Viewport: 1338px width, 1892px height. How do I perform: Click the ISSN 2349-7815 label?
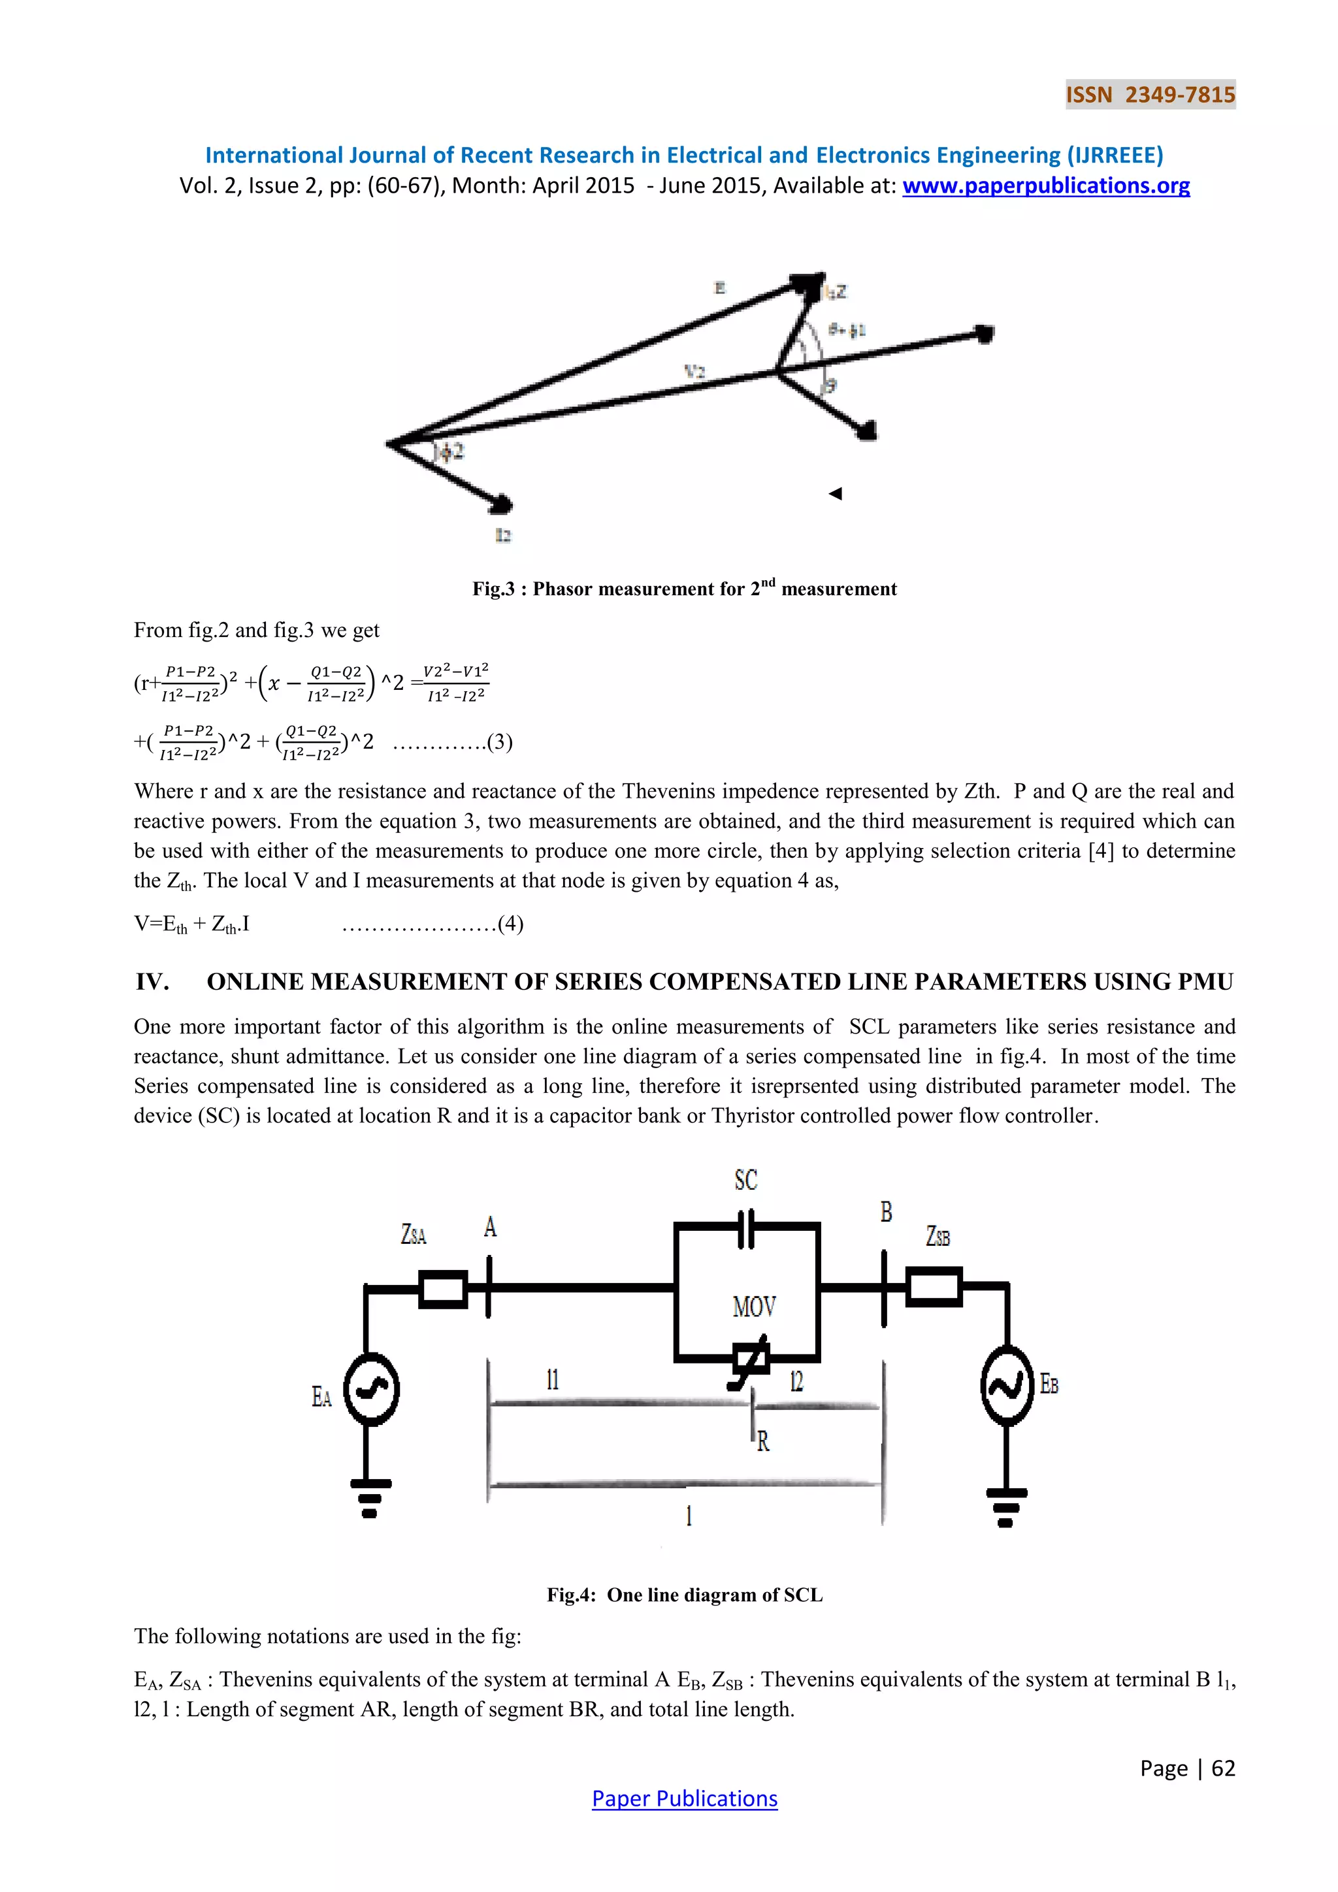1150,95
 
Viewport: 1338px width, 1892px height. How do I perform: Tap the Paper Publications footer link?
685,1798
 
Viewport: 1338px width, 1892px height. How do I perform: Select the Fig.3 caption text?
684,589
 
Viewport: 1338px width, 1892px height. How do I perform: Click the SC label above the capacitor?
745,1180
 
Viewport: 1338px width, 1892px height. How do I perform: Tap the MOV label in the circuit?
754,1306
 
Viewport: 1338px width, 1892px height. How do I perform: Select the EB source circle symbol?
1007,1386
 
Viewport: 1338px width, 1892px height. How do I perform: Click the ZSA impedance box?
443,1289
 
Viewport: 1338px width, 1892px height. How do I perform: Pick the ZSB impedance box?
934,1287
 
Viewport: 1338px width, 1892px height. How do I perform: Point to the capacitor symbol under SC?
745,1229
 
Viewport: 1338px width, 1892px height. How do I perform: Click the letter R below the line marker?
763,1441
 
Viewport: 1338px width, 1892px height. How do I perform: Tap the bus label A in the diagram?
490,1228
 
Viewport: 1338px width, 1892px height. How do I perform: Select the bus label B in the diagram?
886,1212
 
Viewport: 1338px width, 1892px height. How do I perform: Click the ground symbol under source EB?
1006,1507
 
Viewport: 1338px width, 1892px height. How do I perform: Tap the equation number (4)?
511,924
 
